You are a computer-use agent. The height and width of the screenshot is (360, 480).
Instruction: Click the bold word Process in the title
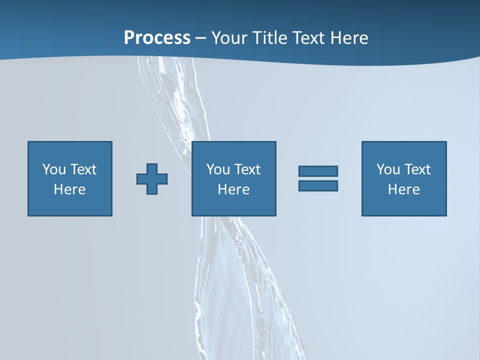click(x=157, y=38)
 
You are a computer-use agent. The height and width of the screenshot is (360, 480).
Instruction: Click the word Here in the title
click(x=350, y=38)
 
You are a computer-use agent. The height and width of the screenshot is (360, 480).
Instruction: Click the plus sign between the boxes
click(x=152, y=179)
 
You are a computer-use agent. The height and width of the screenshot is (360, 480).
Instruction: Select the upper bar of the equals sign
click(x=318, y=171)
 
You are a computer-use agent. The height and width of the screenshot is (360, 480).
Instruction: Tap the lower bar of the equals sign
click(x=318, y=185)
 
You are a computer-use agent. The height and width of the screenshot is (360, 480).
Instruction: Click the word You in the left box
click(x=54, y=169)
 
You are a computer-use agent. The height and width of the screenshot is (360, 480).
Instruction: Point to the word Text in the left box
click(x=83, y=169)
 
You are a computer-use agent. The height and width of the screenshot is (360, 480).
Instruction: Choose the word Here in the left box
click(x=69, y=189)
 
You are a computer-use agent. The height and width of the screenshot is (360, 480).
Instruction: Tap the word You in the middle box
click(x=218, y=169)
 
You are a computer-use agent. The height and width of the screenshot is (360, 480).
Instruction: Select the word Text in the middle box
click(x=247, y=169)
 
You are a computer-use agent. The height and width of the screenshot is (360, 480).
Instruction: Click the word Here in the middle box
click(x=233, y=189)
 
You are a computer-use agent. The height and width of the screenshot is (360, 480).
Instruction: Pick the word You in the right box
click(x=388, y=169)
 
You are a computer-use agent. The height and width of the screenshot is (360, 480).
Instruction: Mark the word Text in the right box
click(x=417, y=169)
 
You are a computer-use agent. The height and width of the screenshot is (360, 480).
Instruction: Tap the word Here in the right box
click(x=403, y=189)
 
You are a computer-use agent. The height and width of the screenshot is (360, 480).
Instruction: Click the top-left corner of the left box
click(x=28, y=142)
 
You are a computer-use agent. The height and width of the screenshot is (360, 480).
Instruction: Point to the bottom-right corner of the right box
click(x=445, y=215)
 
